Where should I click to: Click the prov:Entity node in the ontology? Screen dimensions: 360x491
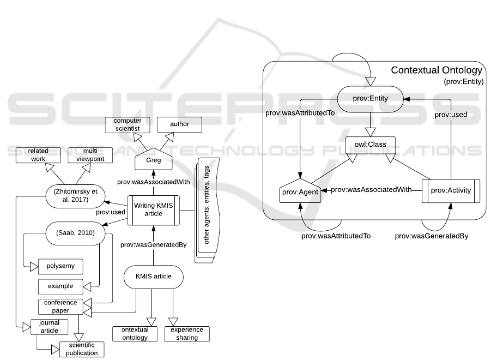coord(371,99)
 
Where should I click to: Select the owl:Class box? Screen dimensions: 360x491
coord(371,146)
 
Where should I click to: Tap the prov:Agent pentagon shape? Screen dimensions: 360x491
coord(298,193)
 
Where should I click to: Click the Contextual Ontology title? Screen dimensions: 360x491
coord(436,70)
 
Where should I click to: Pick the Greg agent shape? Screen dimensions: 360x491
coord(153,160)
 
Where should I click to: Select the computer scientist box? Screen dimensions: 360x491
coord(127,124)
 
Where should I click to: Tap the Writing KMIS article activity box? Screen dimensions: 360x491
coord(153,210)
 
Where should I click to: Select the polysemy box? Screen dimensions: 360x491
coord(60,266)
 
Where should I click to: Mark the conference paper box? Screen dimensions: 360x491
coord(61,307)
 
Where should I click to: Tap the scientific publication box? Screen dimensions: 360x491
coord(81,349)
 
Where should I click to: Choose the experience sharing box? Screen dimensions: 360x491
coord(187,333)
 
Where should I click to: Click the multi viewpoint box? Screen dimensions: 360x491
coord(90,155)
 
